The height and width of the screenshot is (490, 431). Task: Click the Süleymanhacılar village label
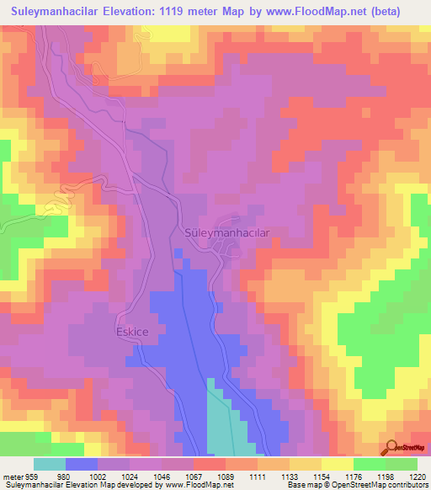click(x=226, y=233)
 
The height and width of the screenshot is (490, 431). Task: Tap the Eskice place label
click(x=132, y=332)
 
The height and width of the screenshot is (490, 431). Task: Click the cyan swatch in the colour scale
click(x=50, y=464)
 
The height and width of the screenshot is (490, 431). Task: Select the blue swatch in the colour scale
click(x=82, y=464)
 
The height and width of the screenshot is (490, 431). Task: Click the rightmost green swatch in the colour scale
click(x=401, y=464)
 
